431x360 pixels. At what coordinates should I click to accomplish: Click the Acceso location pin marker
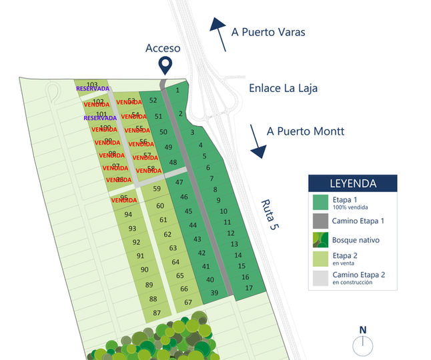(x=164, y=65)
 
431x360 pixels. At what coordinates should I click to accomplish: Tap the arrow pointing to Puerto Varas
(x=218, y=33)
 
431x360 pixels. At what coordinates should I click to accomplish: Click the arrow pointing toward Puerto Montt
(x=258, y=141)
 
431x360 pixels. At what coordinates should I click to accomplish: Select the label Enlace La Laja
(x=283, y=88)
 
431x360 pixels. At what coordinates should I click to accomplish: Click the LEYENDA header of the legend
(x=352, y=183)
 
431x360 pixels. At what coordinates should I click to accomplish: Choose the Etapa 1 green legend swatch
(x=320, y=202)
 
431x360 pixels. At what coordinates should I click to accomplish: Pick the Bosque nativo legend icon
(x=320, y=239)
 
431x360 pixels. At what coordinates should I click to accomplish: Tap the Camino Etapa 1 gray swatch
(x=320, y=221)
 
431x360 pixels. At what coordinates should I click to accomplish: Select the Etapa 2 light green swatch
(x=320, y=257)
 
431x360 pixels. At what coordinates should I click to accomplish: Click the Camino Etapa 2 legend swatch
(x=320, y=277)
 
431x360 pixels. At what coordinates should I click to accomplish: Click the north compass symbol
(x=363, y=344)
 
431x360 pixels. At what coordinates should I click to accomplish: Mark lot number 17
(x=249, y=288)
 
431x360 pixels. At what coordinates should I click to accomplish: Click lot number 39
(x=214, y=293)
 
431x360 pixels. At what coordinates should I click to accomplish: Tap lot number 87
(x=157, y=313)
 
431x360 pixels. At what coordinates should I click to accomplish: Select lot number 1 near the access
(x=177, y=90)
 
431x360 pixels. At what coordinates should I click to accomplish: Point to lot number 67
(x=188, y=302)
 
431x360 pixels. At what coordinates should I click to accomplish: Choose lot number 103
(x=92, y=84)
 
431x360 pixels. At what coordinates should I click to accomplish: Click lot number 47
(x=179, y=182)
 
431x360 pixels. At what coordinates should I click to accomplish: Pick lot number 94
(x=128, y=214)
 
